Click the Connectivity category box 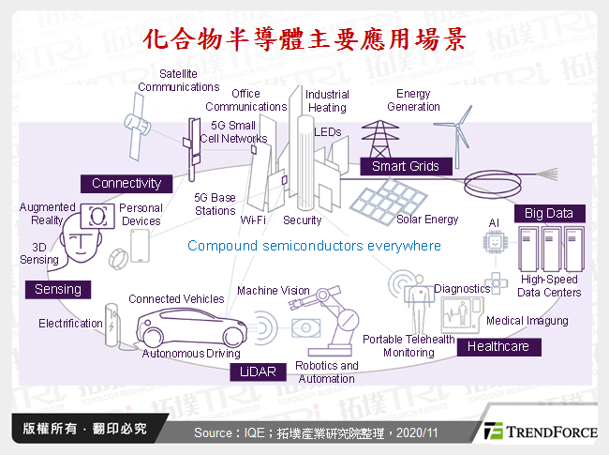point(126,183)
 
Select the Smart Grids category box point(405,166)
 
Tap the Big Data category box point(548,213)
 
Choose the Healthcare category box point(499,346)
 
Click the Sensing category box point(58,290)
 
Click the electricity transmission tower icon point(379,138)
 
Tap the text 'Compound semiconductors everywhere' point(313,246)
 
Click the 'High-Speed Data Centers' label point(550,286)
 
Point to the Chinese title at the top point(304,38)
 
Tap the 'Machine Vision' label point(273,291)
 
